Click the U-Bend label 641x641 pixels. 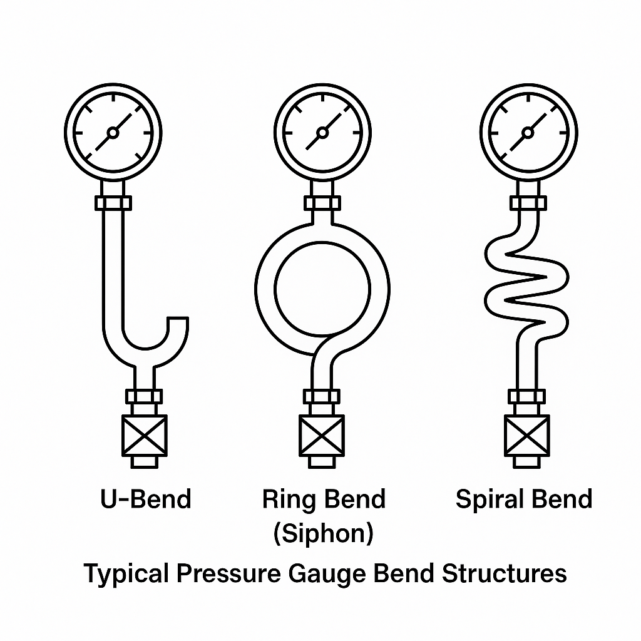point(145,500)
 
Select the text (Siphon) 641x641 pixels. point(323,533)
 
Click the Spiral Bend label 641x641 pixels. point(523,500)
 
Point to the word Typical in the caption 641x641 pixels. point(126,573)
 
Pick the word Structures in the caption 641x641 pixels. point(504,573)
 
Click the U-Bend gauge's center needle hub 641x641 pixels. point(113,132)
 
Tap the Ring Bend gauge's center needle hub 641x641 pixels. point(322,132)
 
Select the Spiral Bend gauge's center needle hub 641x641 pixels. point(528,132)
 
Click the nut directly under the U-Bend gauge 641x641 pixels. point(113,203)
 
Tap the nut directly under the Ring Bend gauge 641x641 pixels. point(322,203)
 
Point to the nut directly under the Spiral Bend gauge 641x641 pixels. point(528,203)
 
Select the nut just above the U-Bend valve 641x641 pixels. point(145,396)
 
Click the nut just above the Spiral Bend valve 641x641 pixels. point(527,396)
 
